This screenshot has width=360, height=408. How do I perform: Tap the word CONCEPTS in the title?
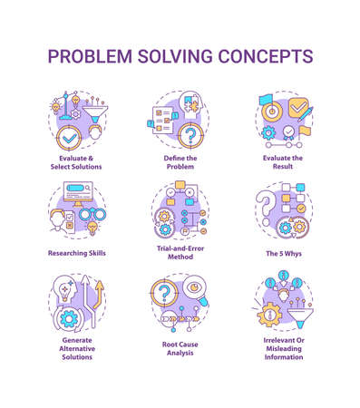[x=263, y=56]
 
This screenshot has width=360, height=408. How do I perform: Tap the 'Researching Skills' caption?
[x=77, y=253]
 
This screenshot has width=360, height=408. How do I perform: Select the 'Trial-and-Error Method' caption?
[x=180, y=257]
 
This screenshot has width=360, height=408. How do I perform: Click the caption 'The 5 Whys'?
[x=283, y=253]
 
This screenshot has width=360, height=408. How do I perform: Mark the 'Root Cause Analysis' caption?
[x=180, y=350]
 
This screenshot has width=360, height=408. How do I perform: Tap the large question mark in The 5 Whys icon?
[x=268, y=200]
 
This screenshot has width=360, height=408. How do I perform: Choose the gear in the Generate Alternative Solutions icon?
[x=68, y=319]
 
